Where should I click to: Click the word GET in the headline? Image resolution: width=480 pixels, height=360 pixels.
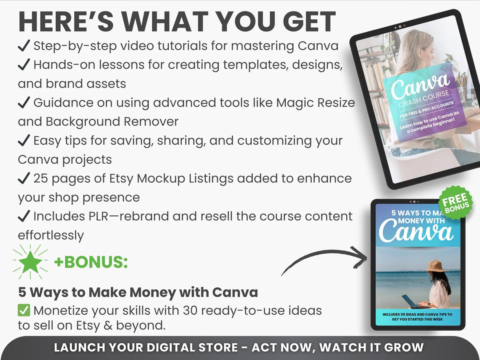(309, 22)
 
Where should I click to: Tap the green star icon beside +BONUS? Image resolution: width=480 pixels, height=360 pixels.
(30, 262)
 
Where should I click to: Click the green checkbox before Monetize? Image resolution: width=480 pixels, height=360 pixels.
(24, 310)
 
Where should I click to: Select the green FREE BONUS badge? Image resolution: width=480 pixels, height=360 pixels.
(456, 202)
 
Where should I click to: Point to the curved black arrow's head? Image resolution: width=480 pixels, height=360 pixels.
(360, 257)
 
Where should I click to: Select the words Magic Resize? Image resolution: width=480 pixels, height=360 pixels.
(316, 103)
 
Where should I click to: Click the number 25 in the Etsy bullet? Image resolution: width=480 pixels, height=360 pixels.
(41, 178)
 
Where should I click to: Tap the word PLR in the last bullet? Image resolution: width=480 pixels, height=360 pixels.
(99, 216)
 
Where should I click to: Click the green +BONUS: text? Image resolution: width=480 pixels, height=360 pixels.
(91, 262)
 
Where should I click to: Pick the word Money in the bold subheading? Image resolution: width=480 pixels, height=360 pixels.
(153, 292)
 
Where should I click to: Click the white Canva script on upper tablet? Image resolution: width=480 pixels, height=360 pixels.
(420, 87)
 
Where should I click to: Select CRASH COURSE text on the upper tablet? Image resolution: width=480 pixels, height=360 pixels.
(424, 99)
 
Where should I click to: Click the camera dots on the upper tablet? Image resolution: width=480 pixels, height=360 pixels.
(400, 27)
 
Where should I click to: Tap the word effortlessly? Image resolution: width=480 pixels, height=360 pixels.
(51, 235)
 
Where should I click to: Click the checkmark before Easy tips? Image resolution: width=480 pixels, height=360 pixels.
(24, 140)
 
